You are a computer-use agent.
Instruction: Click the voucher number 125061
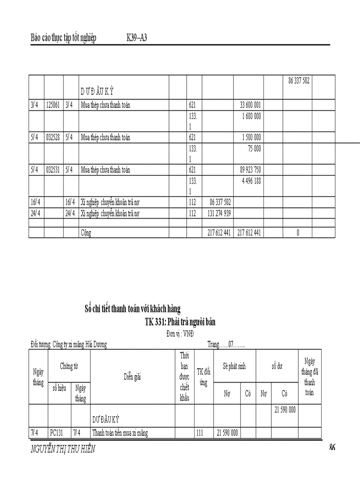(x=53, y=105)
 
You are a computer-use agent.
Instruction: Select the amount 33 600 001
(x=250, y=105)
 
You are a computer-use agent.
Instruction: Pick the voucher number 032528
(x=53, y=138)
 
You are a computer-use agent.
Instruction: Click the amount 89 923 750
(x=250, y=170)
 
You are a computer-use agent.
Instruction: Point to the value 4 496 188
(x=251, y=181)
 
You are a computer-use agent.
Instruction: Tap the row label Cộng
(x=86, y=233)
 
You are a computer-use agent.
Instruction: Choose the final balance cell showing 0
(x=297, y=233)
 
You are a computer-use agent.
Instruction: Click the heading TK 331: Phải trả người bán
(x=180, y=322)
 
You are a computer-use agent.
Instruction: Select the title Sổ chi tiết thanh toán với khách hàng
(x=132, y=308)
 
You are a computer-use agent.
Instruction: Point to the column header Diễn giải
(x=132, y=376)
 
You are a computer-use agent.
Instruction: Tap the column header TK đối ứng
(x=203, y=377)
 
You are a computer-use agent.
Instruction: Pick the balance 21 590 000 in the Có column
(x=285, y=410)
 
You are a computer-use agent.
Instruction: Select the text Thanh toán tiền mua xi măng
(x=120, y=433)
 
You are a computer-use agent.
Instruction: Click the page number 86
(x=332, y=448)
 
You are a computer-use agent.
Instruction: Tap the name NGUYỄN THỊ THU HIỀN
(x=63, y=449)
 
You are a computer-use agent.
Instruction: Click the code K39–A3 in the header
(x=136, y=38)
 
